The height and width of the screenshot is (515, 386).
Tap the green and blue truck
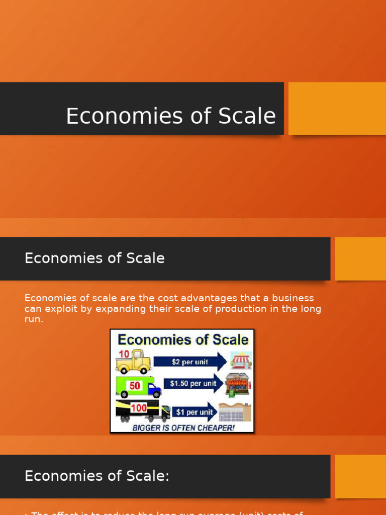[138, 387]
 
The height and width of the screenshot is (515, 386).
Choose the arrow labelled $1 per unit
[194, 411]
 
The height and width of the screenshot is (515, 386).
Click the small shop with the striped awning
[241, 360]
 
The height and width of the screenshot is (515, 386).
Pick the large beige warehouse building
[235, 412]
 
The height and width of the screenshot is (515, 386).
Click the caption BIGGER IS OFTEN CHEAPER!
[183, 427]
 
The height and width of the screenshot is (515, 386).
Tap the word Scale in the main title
[250, 116]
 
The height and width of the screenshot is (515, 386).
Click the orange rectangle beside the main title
[337, 108]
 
